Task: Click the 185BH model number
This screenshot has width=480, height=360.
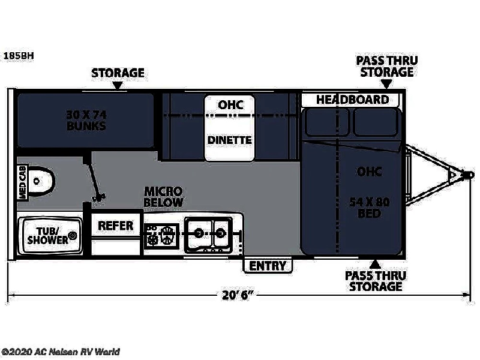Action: click(19, 56)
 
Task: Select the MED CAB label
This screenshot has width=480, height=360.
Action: click(23, 183)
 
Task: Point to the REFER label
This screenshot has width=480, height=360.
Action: click(116, 226)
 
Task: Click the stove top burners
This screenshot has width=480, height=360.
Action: click(161, 235)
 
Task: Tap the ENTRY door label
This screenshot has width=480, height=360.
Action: click(268, 266)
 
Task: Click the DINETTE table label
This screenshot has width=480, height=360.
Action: click(230, 140)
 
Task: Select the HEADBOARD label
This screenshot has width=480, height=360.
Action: click(353, 100)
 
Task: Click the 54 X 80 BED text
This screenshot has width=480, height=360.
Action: click(370, 207)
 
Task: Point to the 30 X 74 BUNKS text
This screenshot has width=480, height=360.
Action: click(86, 120)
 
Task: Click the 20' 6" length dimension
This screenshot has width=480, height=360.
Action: click(238, 295)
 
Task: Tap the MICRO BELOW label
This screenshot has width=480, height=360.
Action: click(163, 197)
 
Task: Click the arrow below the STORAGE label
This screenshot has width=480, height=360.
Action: click(118, 85)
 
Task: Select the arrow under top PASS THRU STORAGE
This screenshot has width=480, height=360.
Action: click(386, 83)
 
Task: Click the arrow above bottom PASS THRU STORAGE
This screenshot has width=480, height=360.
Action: click(374, 265)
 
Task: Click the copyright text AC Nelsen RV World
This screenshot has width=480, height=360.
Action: click(61, 352)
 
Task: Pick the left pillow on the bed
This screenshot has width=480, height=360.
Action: click(326, 122)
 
